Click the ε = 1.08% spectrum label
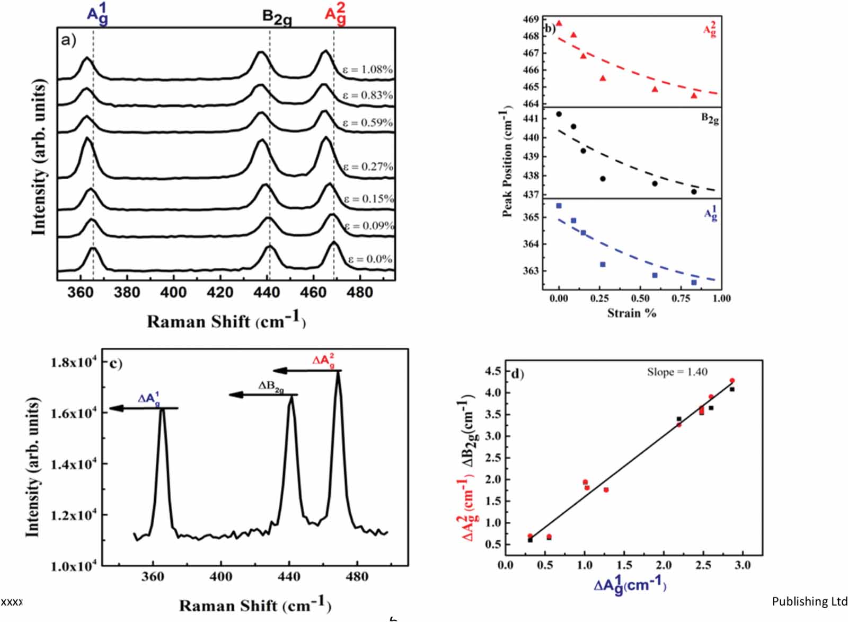(x=367, y=69)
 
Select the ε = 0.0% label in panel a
(x=370, y=259)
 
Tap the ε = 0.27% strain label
(x=368, y=167)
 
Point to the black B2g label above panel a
(x=277, y=17)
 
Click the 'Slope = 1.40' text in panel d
(x=677, y=372)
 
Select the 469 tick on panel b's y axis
(x=532, y=20)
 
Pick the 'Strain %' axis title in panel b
(x=631, y=313)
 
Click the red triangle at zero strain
(x=559, y=23)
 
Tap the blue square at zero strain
(x=559, y=206)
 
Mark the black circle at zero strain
(x=559, y=114)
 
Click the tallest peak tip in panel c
(x=338, y=372)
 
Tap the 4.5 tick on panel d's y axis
(x=493, y=371)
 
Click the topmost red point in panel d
(x=732, y=380)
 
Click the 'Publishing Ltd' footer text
(x=809, y=601)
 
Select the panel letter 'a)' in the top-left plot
(x=69, y=40)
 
